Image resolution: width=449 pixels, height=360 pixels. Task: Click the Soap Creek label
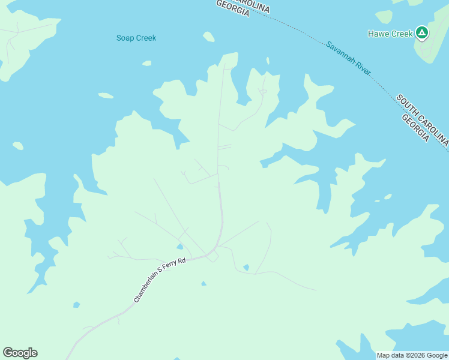136,38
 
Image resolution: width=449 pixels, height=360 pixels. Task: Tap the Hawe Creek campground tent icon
422,33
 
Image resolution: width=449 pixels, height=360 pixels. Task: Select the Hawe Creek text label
390,34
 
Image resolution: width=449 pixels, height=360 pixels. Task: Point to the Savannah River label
349,58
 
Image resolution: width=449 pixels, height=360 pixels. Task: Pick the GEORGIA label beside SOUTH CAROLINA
415,128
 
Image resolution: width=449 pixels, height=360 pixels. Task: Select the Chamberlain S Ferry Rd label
160,280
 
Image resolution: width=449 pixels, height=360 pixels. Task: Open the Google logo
20,353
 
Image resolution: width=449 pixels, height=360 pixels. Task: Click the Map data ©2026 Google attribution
412,355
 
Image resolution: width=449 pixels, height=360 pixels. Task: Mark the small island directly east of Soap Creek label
208,37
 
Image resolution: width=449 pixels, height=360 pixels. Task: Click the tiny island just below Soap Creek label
146,62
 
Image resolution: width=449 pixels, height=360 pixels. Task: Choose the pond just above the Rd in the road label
180,246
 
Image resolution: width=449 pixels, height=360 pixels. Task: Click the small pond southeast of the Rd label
203,283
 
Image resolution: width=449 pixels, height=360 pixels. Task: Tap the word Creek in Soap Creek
145,38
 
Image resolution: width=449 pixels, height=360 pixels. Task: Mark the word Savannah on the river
339,52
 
